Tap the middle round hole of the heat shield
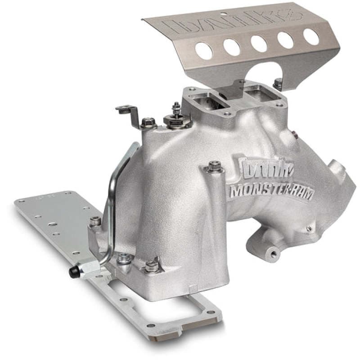point(259,43)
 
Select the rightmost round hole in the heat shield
point(311,36)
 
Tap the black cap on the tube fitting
point(73,271)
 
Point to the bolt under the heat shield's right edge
point(279,83)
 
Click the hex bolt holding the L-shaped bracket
point(148,122)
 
